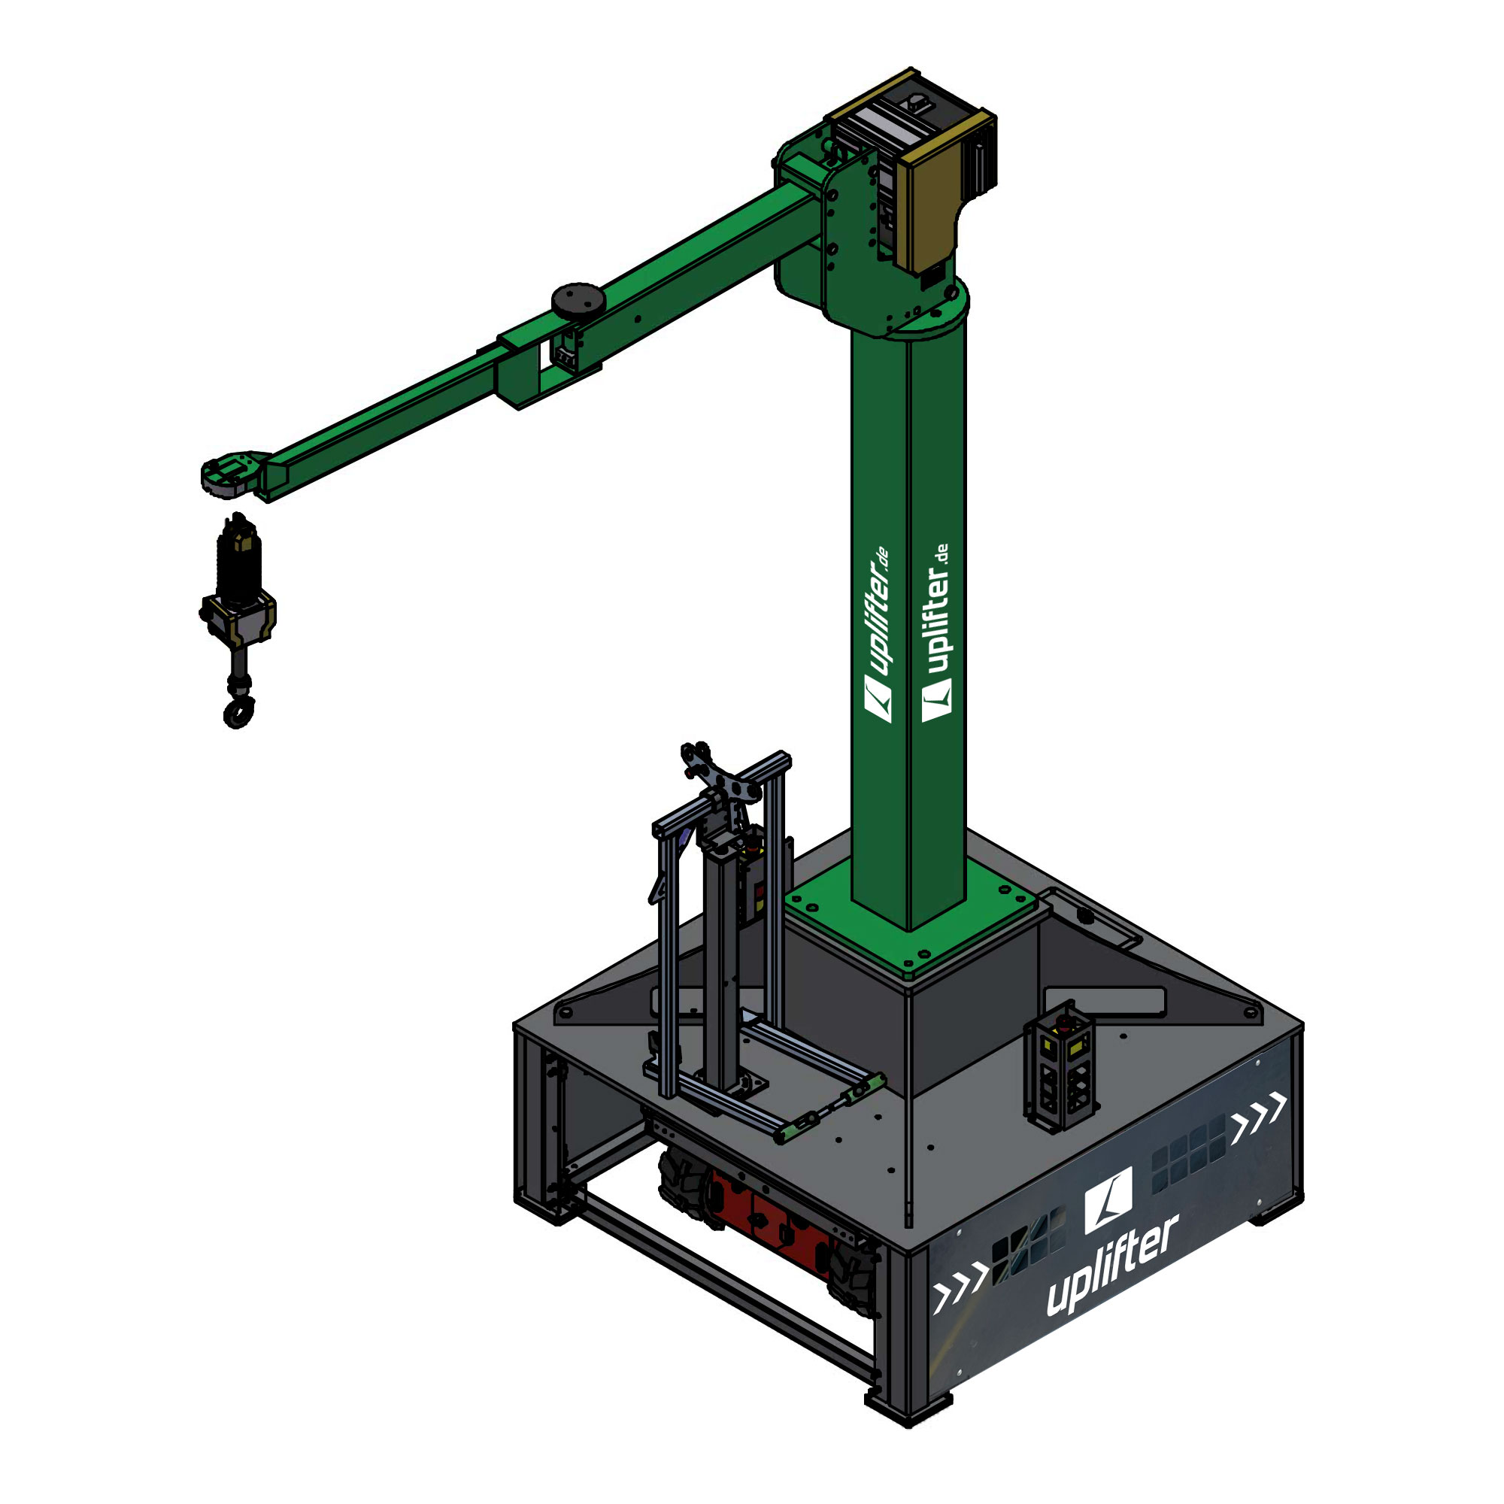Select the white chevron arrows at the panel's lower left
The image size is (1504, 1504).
pyautogui.click(x=961, y=1292)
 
